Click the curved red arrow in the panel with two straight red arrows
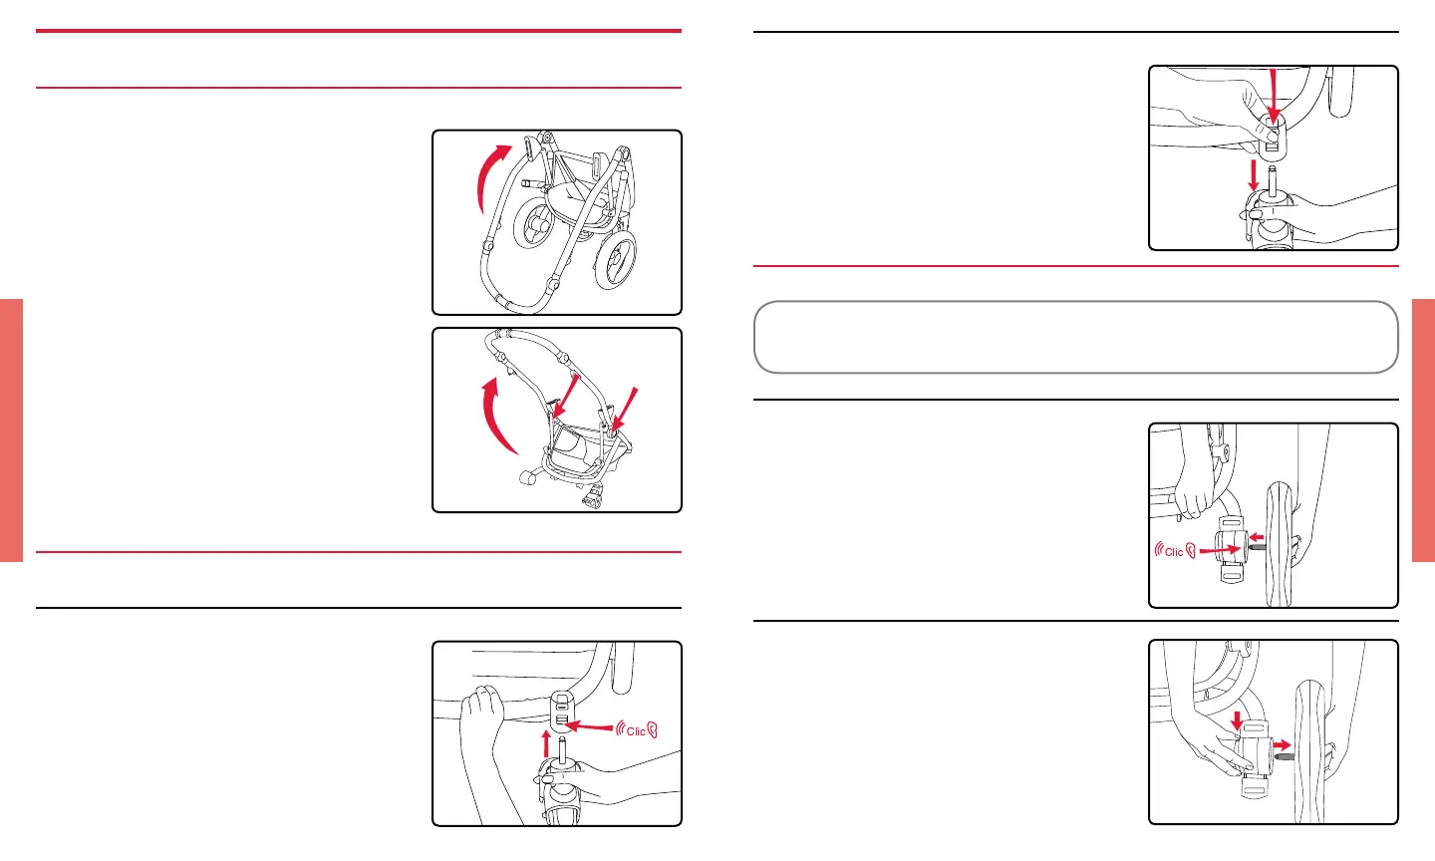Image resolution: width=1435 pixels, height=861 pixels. (492, 417)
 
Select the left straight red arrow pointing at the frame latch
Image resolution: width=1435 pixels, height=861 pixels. (565, 396)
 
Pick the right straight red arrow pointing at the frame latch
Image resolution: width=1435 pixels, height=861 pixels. (625, 410)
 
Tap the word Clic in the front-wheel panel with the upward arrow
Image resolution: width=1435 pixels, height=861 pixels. (636, 731)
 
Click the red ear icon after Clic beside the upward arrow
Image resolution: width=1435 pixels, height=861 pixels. (652, 730)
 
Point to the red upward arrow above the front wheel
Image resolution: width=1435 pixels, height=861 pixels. (546, 743)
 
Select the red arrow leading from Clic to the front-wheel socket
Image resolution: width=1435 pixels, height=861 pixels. (589, 726)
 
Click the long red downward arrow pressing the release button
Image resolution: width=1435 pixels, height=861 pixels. (1274, 96)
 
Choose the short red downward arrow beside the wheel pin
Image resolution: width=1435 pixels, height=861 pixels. (1254, 175)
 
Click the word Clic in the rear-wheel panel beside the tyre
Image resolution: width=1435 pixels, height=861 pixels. (1174, 552)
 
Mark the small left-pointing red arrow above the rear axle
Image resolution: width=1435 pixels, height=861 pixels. (1257, 537)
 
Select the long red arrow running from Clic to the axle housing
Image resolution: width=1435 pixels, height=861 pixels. (1221, 550)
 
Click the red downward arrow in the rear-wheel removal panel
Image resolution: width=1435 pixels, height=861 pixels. (1237, 720)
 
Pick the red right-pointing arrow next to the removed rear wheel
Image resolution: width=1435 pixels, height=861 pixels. (1282, 745)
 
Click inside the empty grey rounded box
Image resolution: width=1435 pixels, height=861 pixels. (1075, 337)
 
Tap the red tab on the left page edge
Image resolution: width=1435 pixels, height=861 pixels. (12, 430)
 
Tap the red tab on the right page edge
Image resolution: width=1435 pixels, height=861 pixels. (1423, 430)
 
